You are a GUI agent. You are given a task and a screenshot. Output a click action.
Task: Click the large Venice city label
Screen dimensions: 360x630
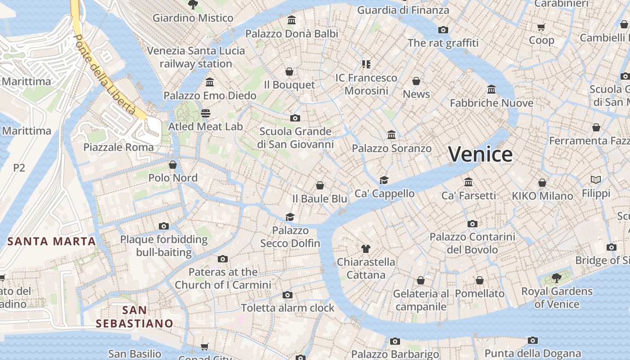click(x=480, y=154)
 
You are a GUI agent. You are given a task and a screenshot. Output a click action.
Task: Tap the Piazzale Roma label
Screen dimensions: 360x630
click(x=118, y=147)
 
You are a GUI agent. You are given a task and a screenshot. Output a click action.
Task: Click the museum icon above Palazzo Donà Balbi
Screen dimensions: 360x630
click(x=292, y=20)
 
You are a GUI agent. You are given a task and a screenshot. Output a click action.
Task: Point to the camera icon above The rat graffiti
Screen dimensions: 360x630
click(x=443, y=30)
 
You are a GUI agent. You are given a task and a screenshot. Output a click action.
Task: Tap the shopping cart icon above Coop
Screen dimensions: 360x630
click(x=541, y=27)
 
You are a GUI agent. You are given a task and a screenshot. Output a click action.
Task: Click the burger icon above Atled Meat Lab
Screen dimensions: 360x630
click(x=206, y=113)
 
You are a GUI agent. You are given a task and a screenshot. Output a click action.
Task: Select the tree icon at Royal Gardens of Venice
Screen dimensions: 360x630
click(x=557, y=278)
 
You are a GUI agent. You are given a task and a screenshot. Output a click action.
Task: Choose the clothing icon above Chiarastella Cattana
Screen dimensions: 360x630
click(x=365, y=248)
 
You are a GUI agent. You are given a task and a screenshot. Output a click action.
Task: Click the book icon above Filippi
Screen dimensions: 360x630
click(x=596, y=180)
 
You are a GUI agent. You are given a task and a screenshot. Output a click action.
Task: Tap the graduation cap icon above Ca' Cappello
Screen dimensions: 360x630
click(x=384, y=180)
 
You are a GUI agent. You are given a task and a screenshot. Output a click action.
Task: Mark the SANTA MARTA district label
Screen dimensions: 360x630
click(x=52, y=241)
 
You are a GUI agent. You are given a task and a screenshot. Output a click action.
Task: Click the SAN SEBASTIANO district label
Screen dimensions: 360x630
click(x=134, y=317)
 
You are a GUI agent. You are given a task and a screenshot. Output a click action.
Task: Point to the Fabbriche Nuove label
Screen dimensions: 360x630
click(x=491, y=103)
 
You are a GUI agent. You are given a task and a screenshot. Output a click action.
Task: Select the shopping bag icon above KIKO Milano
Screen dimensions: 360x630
click(x=542, y=183)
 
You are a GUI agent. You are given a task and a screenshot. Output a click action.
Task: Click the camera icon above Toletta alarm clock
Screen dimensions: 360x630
click(x=288, y=295)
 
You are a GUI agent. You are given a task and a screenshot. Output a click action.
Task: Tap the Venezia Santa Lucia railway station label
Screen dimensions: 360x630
click(x=196, y=57)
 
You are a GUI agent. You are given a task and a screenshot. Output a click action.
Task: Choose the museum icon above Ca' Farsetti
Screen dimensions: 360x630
click(x=468, y=182)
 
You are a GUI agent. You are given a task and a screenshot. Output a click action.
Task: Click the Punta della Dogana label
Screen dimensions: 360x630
click(x=533, y=354)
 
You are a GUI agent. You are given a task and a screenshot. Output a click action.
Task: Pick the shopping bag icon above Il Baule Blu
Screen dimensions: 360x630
click(x=320, y=185)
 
